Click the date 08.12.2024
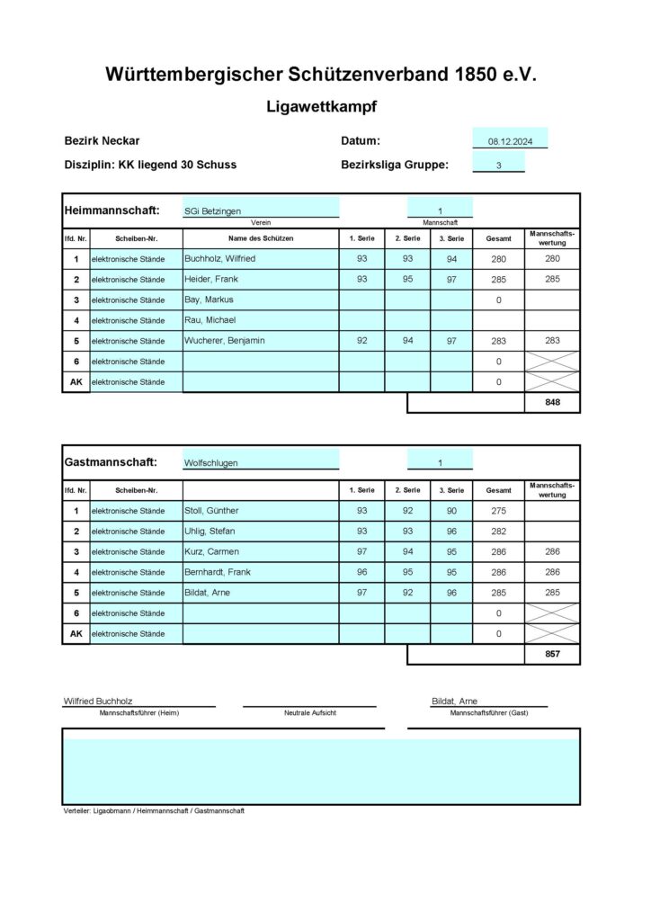[510, 142]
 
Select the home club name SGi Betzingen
[212, 211]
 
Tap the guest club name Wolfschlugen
[210, 463]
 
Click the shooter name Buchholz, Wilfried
[219, 259]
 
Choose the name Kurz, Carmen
[211, 551]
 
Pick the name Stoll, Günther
[211, 511]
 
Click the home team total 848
[552, 403]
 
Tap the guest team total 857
[552, 654]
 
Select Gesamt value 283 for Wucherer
[498, 342]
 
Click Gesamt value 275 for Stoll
[498, 512]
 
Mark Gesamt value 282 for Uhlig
[498, 532]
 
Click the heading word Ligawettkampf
[321, 107]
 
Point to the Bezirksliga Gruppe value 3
[499, 165]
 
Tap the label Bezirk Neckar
[102, 141]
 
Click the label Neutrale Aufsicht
[309, 712]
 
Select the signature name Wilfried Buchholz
[99, 701]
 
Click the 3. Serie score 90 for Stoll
[451, 511]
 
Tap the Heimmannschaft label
[111, 210]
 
